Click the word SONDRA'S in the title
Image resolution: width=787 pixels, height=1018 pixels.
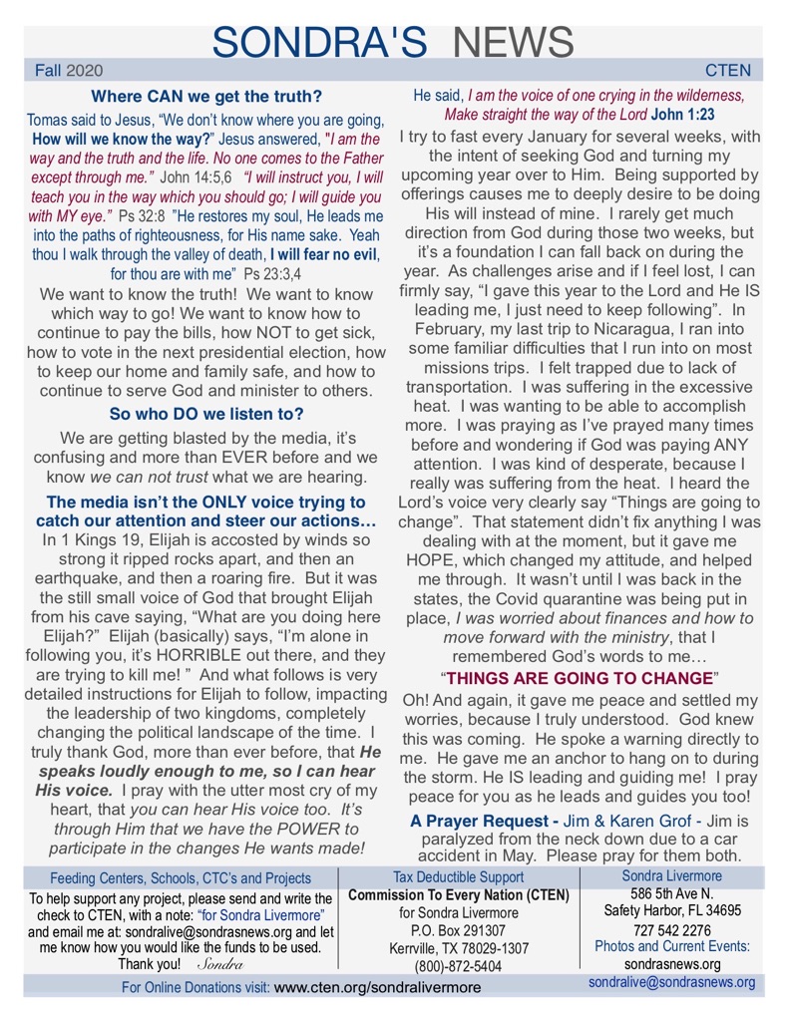[x=320, y=41]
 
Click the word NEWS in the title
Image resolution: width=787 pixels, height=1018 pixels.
[x=513, y=41]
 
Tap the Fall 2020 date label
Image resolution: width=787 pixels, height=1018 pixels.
[x=68, y=72]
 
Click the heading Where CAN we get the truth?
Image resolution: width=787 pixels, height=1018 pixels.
[x=206, y=97]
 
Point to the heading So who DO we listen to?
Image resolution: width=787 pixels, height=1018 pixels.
[x=206, y=413]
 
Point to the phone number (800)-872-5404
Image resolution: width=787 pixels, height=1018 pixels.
[x=458, y=965]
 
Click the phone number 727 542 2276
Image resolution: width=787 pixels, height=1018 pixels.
[x=672, y=929]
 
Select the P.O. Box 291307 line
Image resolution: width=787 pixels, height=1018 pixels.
[x=458, y=930]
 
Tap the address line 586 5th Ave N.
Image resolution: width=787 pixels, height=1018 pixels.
[x=672, y=893]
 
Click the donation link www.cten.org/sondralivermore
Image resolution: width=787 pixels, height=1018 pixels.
[x=377, y=987]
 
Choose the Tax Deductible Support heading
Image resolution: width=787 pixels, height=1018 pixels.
[x=458, y=876]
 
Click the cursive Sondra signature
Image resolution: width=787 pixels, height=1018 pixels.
[x=220, y=965]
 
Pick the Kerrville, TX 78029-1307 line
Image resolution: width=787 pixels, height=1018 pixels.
[x=458, y=948]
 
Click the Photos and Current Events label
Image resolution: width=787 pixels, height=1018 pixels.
[x=672, y=946]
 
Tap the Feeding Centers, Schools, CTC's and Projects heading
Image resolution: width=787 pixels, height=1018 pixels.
[x=181, y=878]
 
